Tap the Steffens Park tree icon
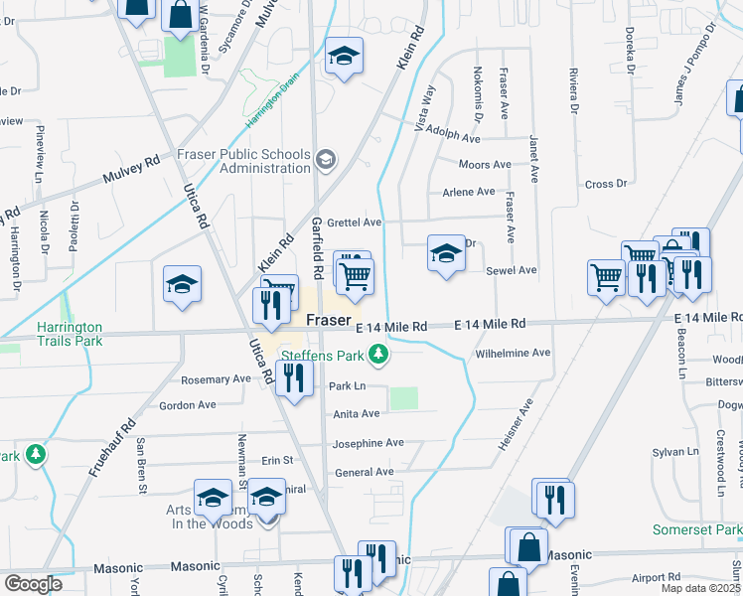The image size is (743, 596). (x=377, y=354)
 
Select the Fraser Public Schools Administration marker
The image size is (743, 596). (x=325, y=159)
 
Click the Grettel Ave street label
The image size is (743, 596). (x=357, y=223)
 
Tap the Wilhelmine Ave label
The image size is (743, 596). (x=513, y=354)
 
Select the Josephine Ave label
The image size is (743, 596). (x=369, y=443)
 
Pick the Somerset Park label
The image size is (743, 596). (x=696, y=530)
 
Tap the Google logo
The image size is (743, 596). (x=33, y=584)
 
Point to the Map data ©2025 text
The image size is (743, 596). (x=701, y=589)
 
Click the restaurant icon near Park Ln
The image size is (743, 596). (x=294, y=378)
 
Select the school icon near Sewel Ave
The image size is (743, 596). (x=446, y=254)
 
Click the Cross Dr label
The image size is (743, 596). (x=606, y=184)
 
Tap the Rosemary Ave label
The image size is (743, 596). (x=216, y=379)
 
